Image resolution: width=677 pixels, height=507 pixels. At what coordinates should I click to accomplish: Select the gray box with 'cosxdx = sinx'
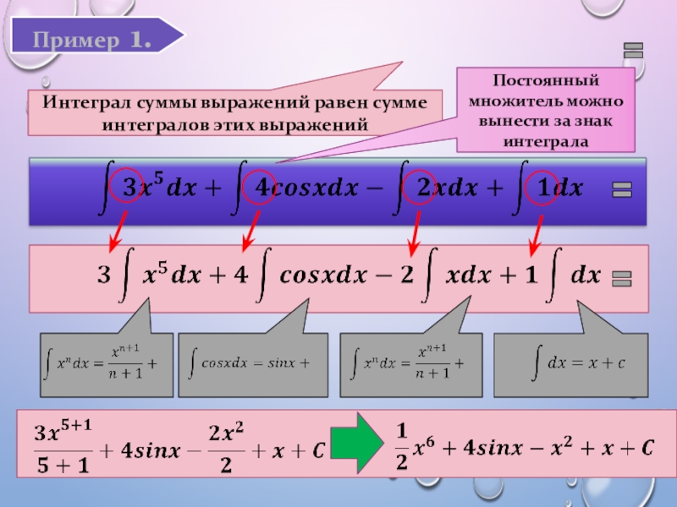[x=251, y=364]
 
